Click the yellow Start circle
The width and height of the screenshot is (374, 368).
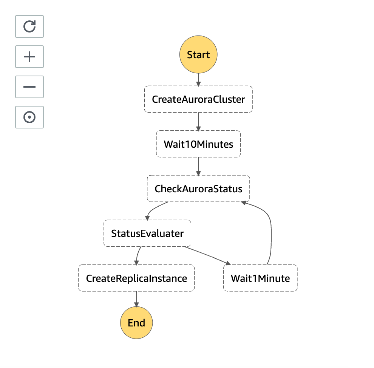198,55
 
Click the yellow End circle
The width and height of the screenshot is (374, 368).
136,323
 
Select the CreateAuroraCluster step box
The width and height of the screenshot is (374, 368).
198,99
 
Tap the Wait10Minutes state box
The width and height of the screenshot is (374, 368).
198,144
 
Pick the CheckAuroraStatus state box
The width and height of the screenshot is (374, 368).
198,189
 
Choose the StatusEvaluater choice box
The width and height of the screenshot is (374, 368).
147,233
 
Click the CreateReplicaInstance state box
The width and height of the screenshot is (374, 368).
136,278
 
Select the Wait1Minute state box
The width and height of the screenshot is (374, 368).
260,278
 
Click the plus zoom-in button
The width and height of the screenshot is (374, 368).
29,57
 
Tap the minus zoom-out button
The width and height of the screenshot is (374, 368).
29,87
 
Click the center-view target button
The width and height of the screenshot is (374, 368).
29,117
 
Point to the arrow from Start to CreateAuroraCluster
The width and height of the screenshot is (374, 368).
198,79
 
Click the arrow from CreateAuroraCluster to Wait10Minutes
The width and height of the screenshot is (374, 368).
198,122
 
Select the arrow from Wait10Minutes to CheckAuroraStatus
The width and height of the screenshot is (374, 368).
198,166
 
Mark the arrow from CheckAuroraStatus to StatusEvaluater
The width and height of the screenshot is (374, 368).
153,210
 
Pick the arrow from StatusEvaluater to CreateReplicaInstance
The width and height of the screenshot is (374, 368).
138,256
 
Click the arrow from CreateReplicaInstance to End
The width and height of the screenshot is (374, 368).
136,299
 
